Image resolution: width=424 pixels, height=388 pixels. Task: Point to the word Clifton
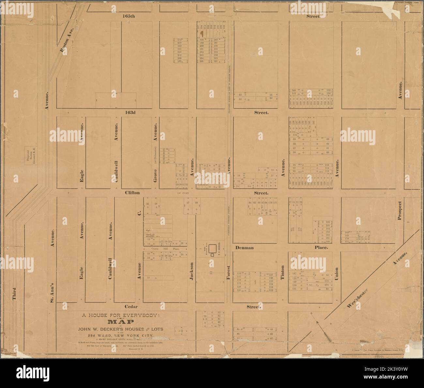tap(132, 193)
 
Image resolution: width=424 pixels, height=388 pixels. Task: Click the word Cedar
tap(131, 307)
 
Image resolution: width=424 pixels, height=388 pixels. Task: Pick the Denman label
tap(245, 248)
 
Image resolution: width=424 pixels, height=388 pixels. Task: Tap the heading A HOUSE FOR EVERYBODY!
tap(121, 315)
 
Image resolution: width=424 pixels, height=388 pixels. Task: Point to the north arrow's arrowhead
tap(316, 323)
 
